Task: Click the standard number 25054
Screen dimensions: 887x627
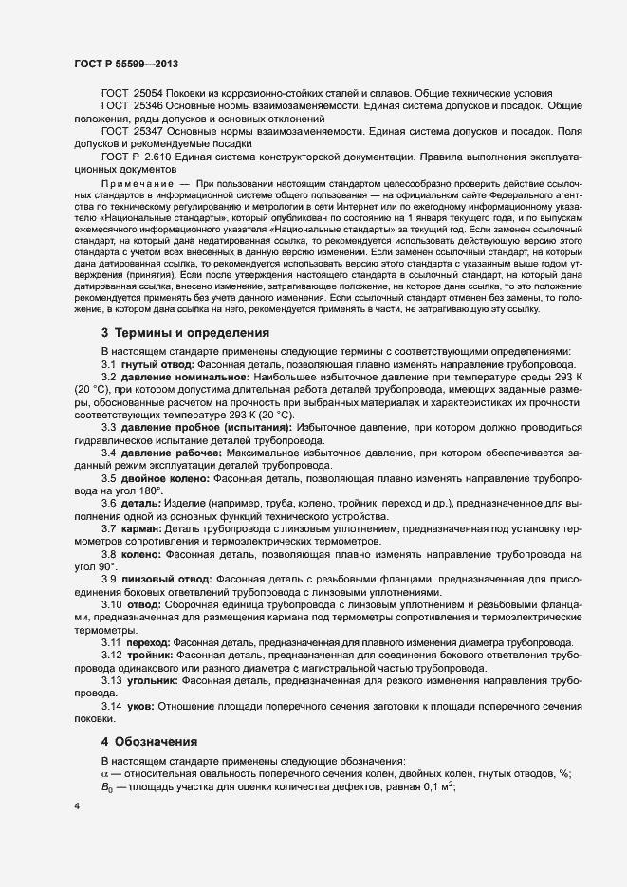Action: point(148,93)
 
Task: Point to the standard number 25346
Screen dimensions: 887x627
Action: point(148,106)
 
